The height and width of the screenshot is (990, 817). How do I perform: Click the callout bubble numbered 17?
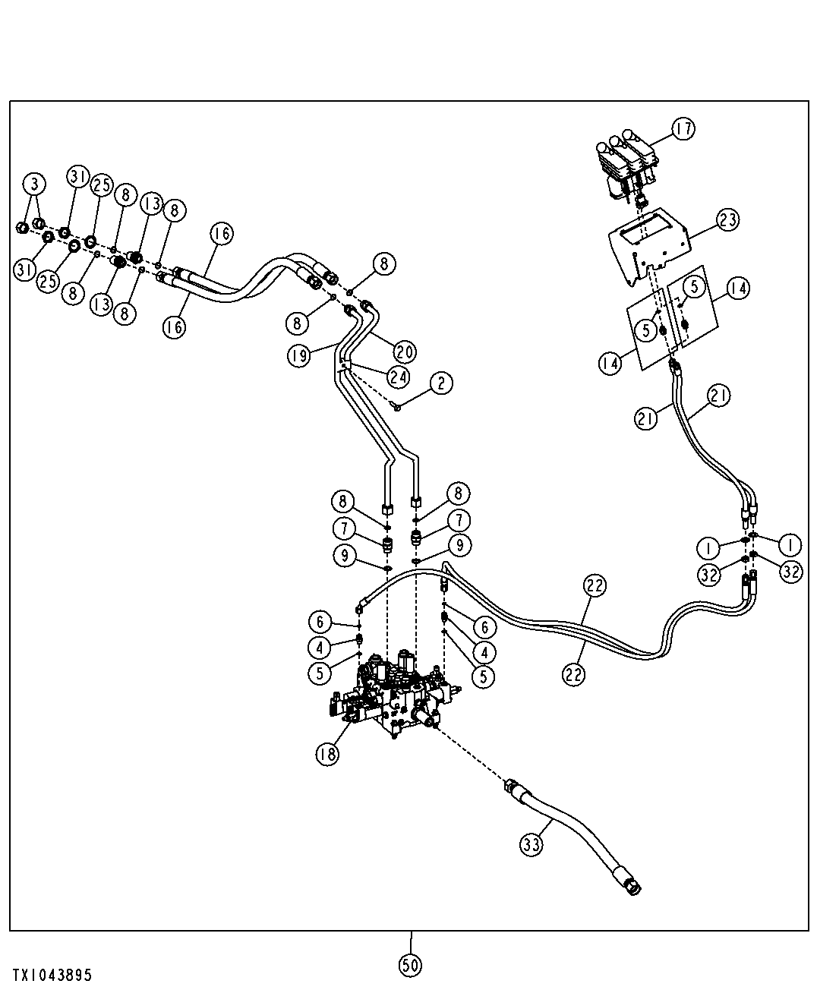click(683, 129)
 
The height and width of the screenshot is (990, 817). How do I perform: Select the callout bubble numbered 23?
click(727, 219)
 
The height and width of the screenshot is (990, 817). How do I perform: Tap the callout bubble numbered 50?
click(410, 966)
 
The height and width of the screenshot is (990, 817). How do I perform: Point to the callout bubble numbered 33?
click(532, 844)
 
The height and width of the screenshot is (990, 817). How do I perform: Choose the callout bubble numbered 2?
click(441, 383)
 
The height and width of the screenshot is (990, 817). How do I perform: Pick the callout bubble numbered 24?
click(399, 377)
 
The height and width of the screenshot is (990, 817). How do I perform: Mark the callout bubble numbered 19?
click(298, 355)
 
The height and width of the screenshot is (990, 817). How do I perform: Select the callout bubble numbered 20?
click(405, 352)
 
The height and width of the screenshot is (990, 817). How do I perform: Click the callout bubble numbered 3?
click(35, 184)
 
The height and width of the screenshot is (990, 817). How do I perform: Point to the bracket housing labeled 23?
click(649, 247)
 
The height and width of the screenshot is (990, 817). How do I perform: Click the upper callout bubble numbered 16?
click(222, 233)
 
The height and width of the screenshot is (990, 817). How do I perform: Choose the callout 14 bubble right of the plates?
click(738, 288)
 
